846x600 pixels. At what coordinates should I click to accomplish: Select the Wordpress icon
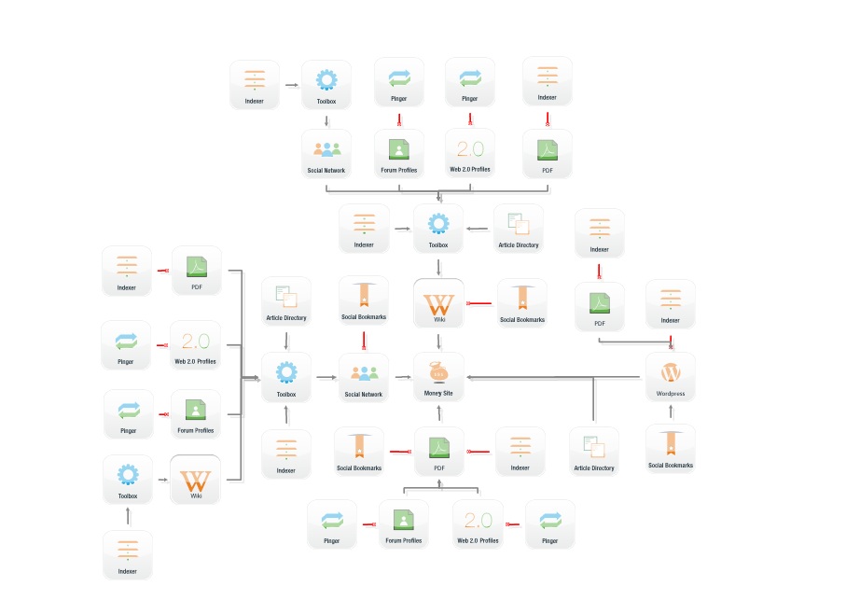[x=670, y=370]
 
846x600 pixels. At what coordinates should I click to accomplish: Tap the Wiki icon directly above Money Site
[x=438, y=303]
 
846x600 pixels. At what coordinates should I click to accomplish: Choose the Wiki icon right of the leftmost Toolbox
[x=196, y=481]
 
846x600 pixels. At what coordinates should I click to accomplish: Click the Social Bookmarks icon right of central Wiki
[x=521, y=297]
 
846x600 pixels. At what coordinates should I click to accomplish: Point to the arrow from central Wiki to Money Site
[x=438, y=341]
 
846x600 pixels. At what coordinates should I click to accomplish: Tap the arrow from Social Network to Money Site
[x=401, y=377]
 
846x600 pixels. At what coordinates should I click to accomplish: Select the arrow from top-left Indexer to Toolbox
[x=291, y=85]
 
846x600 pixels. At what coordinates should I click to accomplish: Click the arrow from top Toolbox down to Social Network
[x=326, y=119]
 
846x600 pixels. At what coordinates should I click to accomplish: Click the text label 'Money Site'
[x=438, y=394]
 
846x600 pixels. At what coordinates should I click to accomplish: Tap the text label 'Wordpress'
[x=670, y=394]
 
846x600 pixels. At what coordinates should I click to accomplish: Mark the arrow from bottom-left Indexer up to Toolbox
[x=129, y=515]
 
